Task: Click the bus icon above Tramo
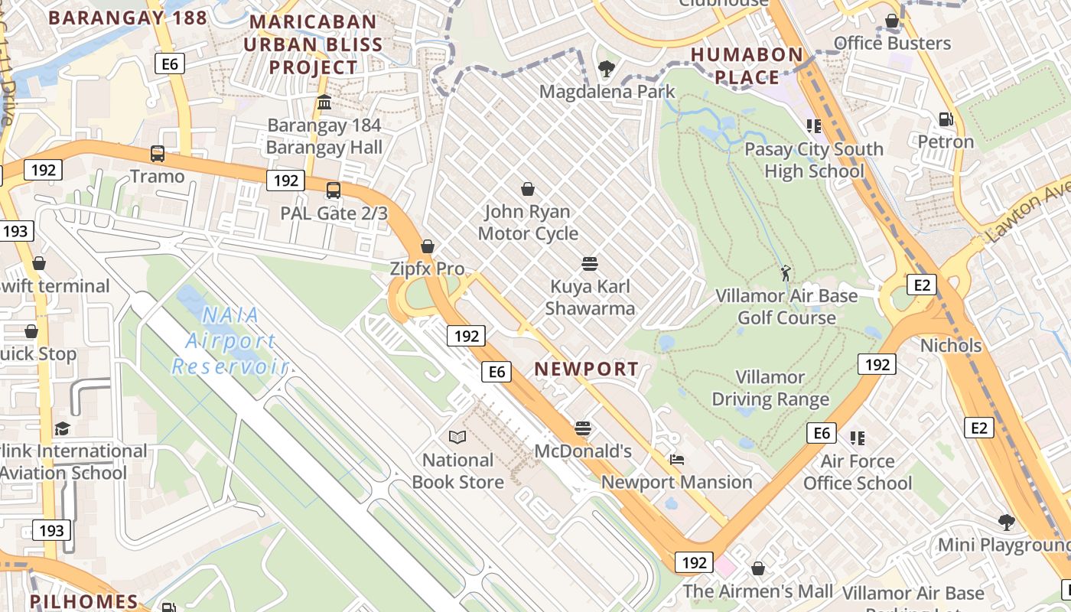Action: click(157, 154)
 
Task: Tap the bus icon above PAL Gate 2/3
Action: click(334, 190)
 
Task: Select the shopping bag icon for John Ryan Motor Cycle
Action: click(527, 188)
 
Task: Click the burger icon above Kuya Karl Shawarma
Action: click(589, 264)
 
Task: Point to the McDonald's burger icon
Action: click(583, 428)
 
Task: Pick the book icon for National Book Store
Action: click(457, 437)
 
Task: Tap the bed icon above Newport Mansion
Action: click(677, 460)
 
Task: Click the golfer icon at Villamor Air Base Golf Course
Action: click(786, 272)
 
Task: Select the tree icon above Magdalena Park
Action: click(607, 69)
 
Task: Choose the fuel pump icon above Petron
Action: click(946, 119)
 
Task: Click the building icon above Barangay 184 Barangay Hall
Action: click(324, 103)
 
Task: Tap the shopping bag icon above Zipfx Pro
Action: click(428, 246)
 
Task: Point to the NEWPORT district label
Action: click(586, 369)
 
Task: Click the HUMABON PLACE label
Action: click(747, 66)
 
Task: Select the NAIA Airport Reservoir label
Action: click(229, 340)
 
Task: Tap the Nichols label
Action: click(951, 346)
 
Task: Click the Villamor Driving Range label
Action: click(770, 389)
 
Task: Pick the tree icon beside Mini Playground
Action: click(1007, 522)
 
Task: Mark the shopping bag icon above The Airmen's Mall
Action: click(758, 568)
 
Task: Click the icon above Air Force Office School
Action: click(858, 438)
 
